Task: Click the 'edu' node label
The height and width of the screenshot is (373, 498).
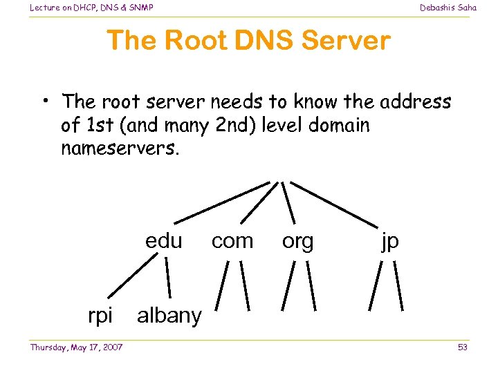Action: pos(163,241)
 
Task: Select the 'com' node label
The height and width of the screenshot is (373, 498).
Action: pos(232,241)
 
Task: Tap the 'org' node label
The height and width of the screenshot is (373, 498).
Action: pos(297,241)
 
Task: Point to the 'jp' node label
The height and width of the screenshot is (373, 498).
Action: pos(389,242)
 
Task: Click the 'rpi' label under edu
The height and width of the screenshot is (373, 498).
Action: pos(100,316)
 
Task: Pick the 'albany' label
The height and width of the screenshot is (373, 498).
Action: pos(169,316)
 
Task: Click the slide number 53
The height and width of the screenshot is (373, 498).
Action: pos(462,347)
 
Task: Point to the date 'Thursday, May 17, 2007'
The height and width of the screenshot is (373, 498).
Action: pos(76,347)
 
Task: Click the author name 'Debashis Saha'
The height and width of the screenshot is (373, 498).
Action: pos(448,8)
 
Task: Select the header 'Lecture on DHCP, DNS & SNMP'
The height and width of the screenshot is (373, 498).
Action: pos(91,8)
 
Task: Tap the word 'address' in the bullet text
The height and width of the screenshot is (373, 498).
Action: pos(415,102)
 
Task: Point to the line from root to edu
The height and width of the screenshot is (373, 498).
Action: pos(221,201)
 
